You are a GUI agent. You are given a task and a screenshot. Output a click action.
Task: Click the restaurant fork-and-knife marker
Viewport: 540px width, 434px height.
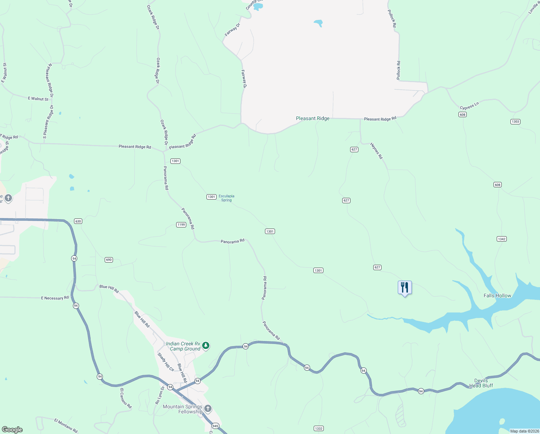click(405, 288)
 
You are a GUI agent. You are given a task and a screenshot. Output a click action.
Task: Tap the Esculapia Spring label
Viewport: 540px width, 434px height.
click(226, 198)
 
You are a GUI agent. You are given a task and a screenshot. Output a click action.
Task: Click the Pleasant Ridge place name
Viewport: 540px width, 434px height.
click(313, 118)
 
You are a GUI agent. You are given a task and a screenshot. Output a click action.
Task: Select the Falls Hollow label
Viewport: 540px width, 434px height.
click(497, 295)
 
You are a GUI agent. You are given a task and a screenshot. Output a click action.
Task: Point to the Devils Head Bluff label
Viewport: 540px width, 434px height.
click(481, 383)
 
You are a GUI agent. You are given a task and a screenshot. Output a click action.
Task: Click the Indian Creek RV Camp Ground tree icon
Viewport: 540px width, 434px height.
click(206, 346)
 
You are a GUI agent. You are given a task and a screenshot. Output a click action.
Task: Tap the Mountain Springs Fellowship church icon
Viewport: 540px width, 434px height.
click(208, 409)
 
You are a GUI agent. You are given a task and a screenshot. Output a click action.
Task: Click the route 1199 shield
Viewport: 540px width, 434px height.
click(181, 225)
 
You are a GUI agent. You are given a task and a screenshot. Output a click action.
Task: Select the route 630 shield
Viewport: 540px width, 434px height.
click(78, 221)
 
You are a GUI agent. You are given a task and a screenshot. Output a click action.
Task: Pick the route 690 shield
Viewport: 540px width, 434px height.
click(109, 260)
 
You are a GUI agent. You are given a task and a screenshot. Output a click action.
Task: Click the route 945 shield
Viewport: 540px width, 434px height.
click(215, 426)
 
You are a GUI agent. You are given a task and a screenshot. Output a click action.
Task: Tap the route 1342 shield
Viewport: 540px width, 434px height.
click(502, 239)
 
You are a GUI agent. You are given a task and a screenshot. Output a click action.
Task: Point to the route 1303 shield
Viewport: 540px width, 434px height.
click(515, 122)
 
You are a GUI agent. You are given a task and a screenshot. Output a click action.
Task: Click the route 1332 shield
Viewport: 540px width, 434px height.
click(318, 428)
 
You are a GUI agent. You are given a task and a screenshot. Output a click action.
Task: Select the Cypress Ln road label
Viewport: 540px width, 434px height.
click(469, 106)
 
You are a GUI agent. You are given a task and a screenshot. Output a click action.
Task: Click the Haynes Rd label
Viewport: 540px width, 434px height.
click(376, 151)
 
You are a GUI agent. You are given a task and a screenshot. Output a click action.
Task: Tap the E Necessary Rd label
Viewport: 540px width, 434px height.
click(55, 298)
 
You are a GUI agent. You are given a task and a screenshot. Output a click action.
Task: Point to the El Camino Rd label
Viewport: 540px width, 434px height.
click(126, 398)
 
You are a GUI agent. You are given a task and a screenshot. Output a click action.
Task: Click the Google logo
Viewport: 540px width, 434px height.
click(12, 429)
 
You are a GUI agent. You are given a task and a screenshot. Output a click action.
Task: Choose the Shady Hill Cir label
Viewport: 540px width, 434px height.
click(166, 362)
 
